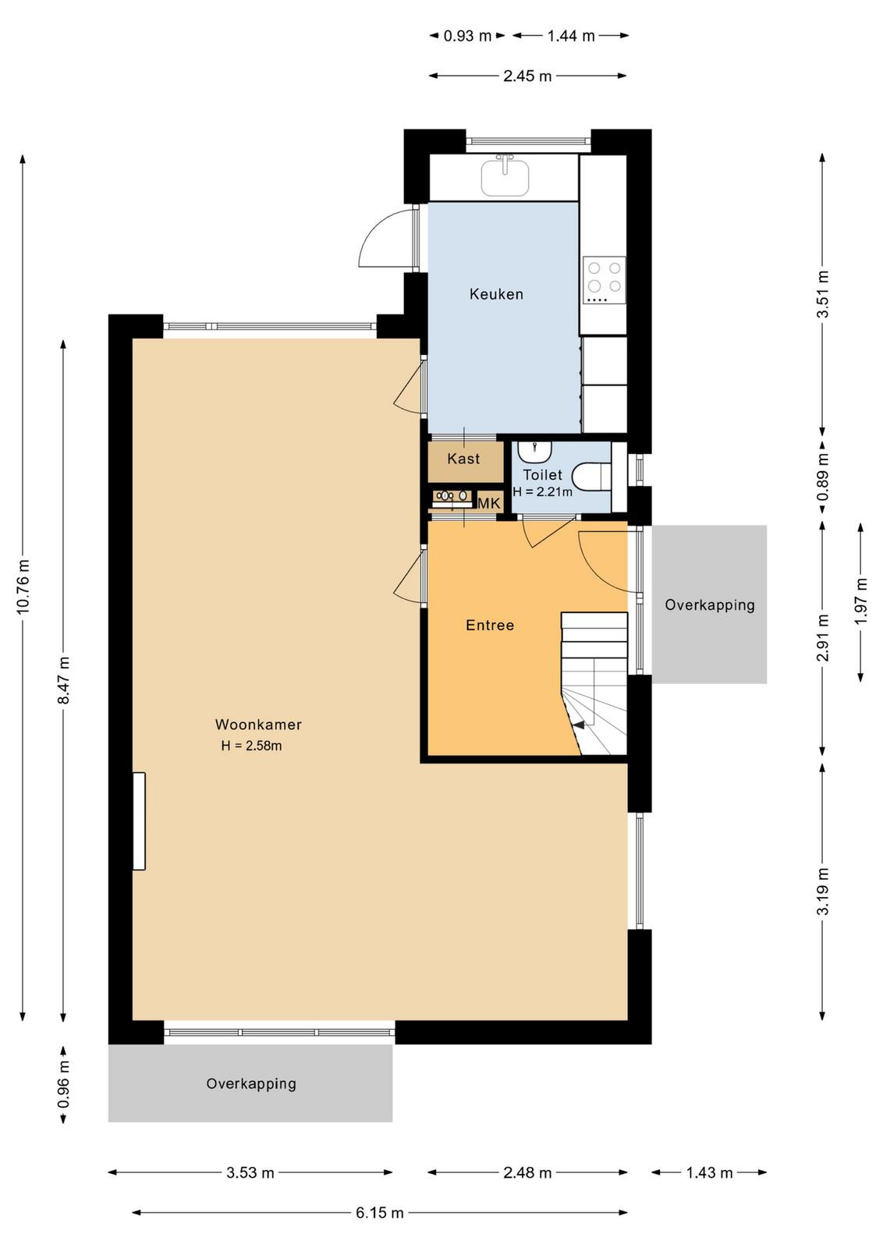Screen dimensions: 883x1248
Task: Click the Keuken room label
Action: point(496,293)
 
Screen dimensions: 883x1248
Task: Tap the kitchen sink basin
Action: point(505,176)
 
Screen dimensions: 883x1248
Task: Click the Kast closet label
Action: point(463,459)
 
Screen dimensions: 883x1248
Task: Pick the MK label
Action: point(489,504)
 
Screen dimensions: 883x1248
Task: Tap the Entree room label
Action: point(490,625)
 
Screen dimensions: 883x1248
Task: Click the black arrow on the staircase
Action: point(579,725)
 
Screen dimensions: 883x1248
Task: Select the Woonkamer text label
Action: point(258,725)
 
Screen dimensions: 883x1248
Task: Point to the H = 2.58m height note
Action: point(251,746)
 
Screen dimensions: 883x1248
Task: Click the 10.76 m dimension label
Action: point(23,586)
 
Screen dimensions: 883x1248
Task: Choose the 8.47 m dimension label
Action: point(63,679)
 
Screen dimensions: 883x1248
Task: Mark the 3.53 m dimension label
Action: point(250,1184)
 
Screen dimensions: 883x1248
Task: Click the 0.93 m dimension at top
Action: point(467,36)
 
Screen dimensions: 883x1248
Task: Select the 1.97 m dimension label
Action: point(861,601)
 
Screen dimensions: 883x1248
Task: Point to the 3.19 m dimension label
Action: point(823,892)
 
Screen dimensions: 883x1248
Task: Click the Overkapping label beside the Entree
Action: point(710,605)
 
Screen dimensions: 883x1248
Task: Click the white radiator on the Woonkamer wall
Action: point(139,821)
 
